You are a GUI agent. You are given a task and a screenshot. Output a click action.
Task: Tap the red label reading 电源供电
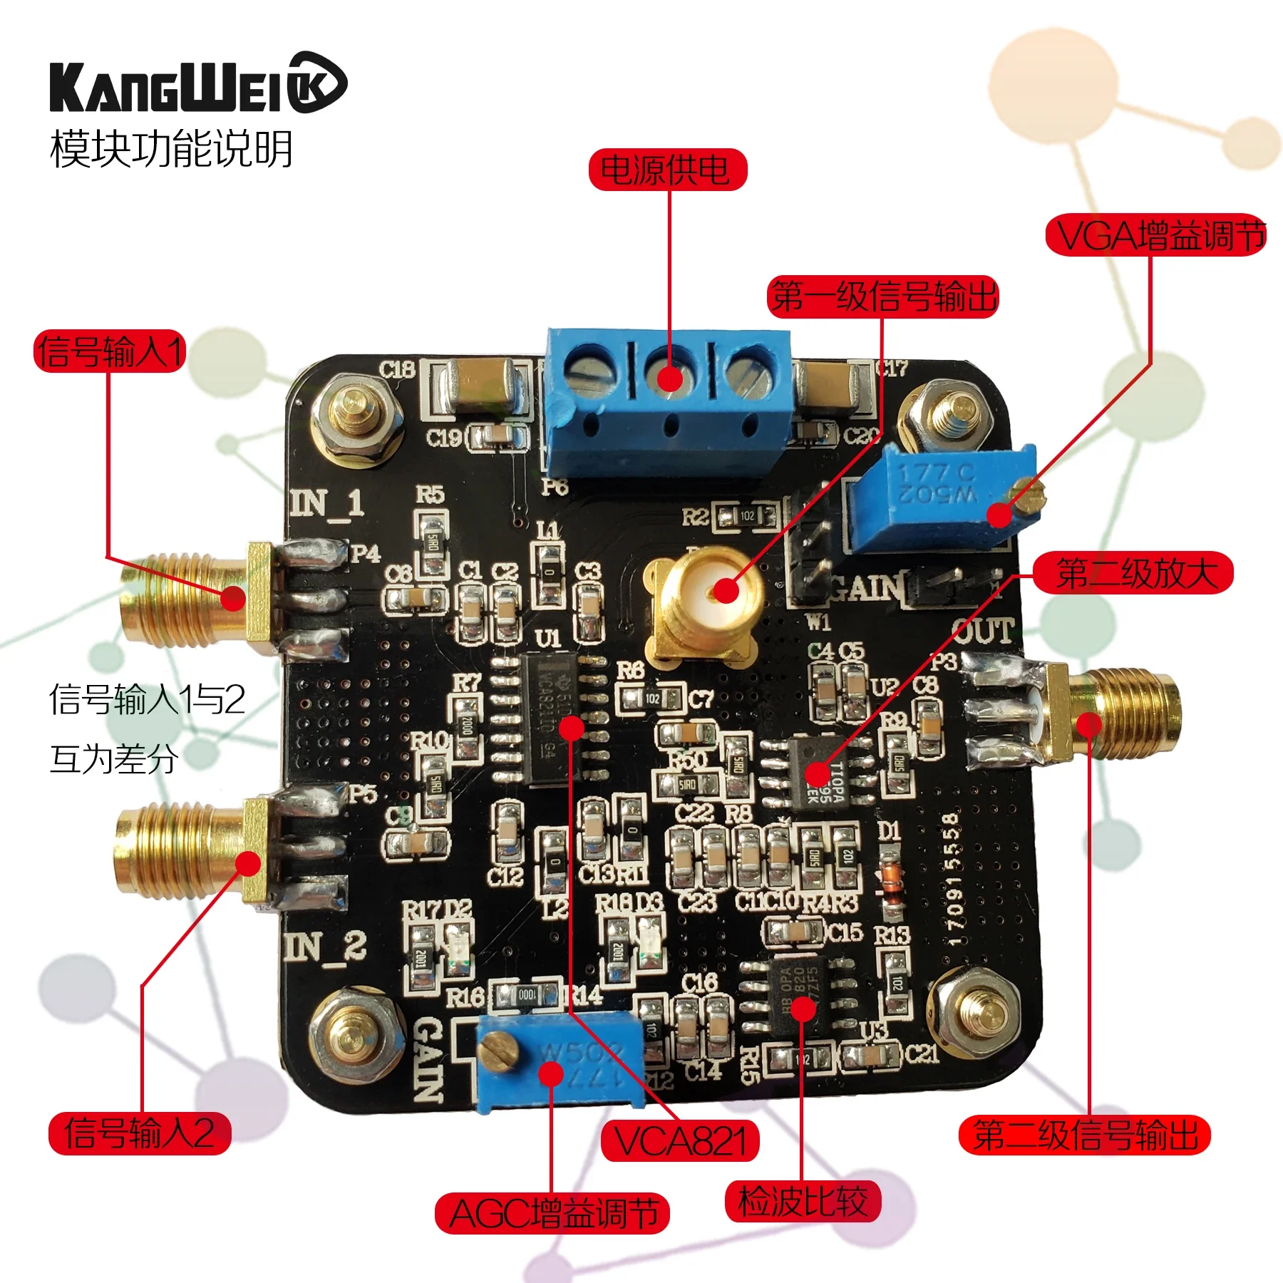[667, 170]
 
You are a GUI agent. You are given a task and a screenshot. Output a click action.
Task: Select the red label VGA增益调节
[1156, 235]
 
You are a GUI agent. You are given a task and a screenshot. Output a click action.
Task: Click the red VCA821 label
[680, 1141]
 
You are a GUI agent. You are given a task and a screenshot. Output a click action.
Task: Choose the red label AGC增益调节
[552, 1213]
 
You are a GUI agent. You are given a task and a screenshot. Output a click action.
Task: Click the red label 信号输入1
[110, 351]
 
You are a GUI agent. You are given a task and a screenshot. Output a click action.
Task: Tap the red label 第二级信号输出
[1084, 1135]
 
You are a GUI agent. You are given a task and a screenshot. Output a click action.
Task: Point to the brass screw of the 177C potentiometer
[1026, 495]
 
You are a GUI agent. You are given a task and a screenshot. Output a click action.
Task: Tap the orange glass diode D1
[889, 878]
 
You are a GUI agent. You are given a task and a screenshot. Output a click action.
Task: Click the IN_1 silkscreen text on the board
[326, 503]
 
